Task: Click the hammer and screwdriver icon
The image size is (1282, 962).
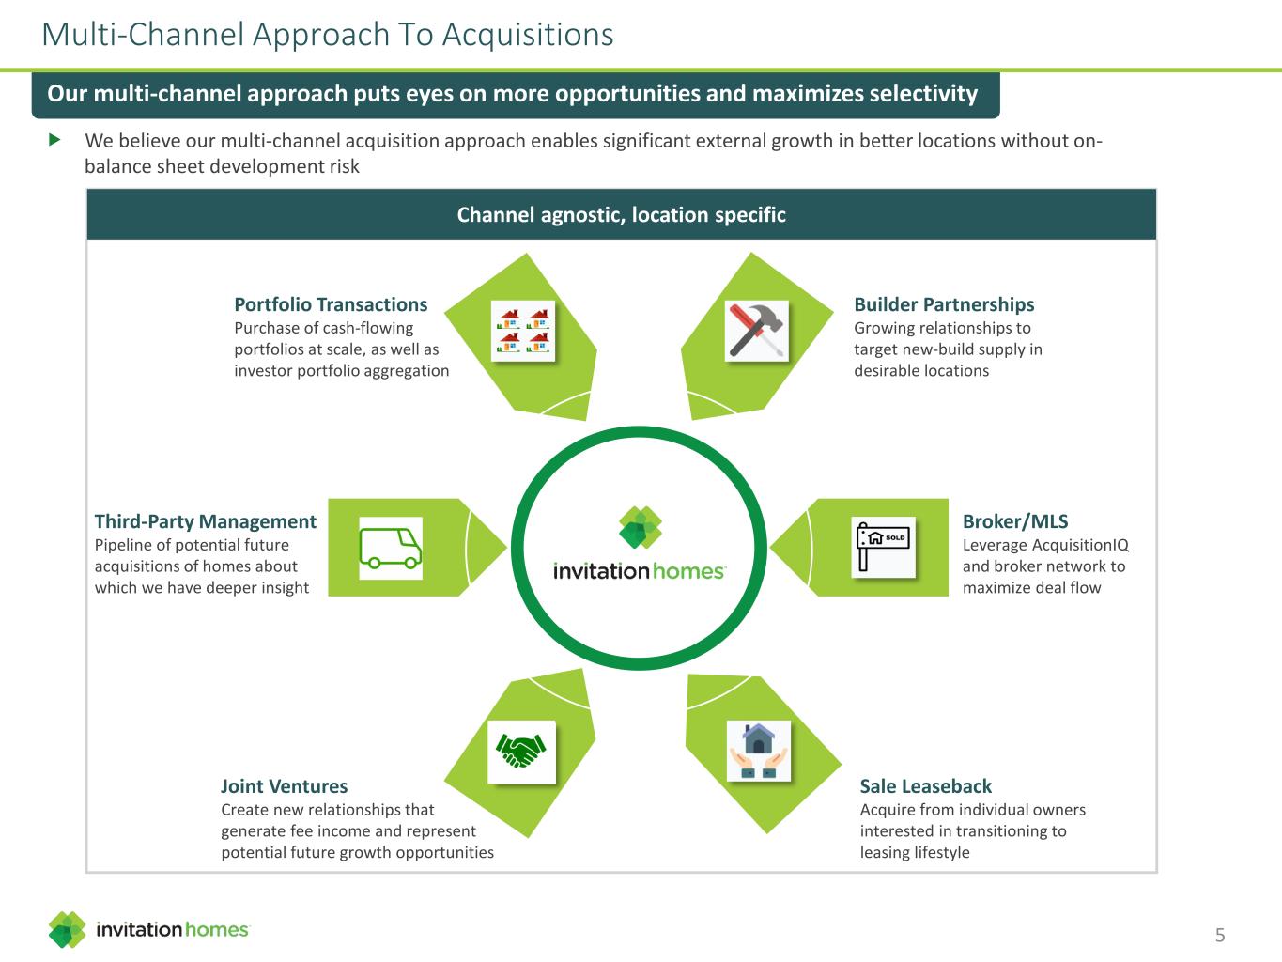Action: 757,331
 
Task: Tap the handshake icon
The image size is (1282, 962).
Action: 521,751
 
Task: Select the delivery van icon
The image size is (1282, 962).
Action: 391,548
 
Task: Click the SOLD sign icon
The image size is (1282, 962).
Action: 884,546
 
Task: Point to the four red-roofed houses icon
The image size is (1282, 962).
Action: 523,331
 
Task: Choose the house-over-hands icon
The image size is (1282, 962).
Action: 759,751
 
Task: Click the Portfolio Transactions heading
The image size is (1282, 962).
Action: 331,304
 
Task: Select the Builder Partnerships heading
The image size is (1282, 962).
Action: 944,304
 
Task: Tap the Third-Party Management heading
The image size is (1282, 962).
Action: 206,521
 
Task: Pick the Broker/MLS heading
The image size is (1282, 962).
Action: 1015,521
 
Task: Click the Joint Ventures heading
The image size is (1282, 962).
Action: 284,786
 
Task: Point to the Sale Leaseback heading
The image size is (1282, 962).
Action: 926,786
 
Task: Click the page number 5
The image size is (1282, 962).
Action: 1220,935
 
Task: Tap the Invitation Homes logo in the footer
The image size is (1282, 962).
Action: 149,929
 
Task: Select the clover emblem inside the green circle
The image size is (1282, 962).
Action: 640,528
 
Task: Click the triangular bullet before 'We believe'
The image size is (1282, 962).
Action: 54,140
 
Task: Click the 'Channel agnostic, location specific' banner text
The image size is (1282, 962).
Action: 621,215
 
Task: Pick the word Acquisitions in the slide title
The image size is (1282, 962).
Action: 528,34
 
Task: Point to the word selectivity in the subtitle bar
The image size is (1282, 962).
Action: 923,94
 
